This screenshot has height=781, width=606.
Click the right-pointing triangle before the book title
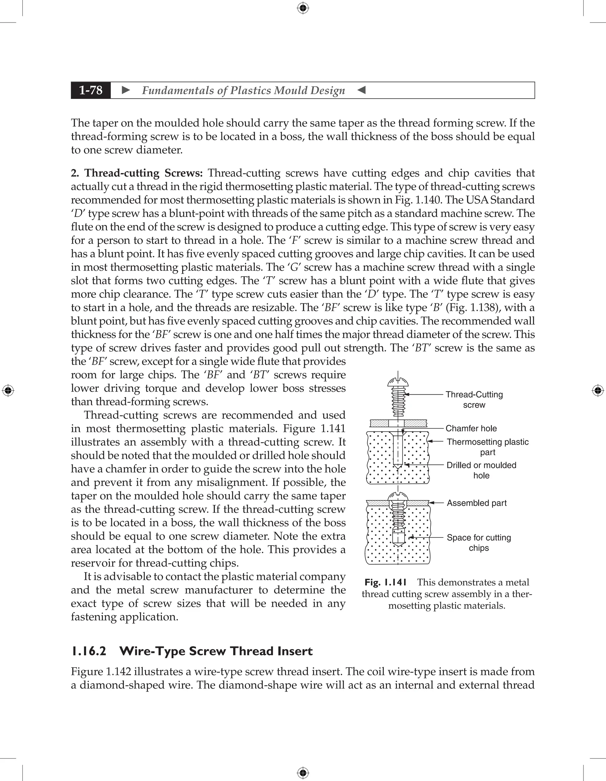click(126, 90)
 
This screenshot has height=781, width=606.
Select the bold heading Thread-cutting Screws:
click(143, 173)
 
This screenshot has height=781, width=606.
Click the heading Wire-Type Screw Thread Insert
click(216, 651)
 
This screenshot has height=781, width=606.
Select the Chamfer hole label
click(471, 428)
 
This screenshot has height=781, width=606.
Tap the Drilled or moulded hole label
click(481, 470)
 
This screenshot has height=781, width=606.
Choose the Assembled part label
click(476, 503)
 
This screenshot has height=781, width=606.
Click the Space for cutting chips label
click(478, 542)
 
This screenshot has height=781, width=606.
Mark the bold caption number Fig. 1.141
click(386, 582)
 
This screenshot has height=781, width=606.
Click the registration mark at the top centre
click(303, 8)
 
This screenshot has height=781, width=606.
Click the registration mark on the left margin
click(8, 390)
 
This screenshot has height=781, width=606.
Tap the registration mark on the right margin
click(598, 390)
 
